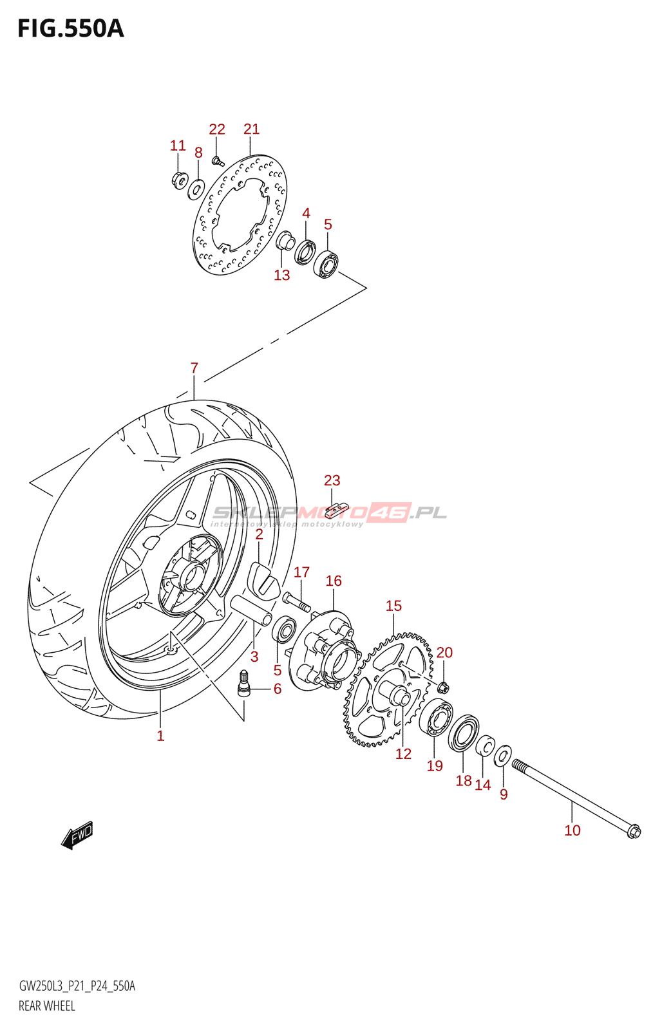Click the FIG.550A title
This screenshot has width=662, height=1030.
click(71, 29)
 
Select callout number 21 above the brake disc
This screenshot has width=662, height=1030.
click(252, 129)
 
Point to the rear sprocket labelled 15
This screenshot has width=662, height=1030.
click(388, 689)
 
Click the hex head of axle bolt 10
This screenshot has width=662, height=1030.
click(634, 832)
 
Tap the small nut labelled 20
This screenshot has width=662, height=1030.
click(444, 688)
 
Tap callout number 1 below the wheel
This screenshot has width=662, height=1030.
click(160, 736)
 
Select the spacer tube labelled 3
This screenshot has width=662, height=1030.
click(251, 610)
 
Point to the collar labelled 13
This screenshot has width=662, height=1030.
click(285, 240)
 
